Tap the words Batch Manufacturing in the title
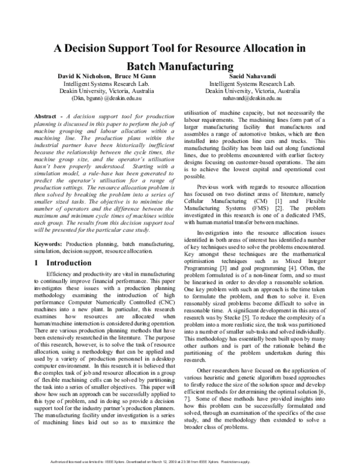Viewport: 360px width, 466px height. (x=180, y=67)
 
